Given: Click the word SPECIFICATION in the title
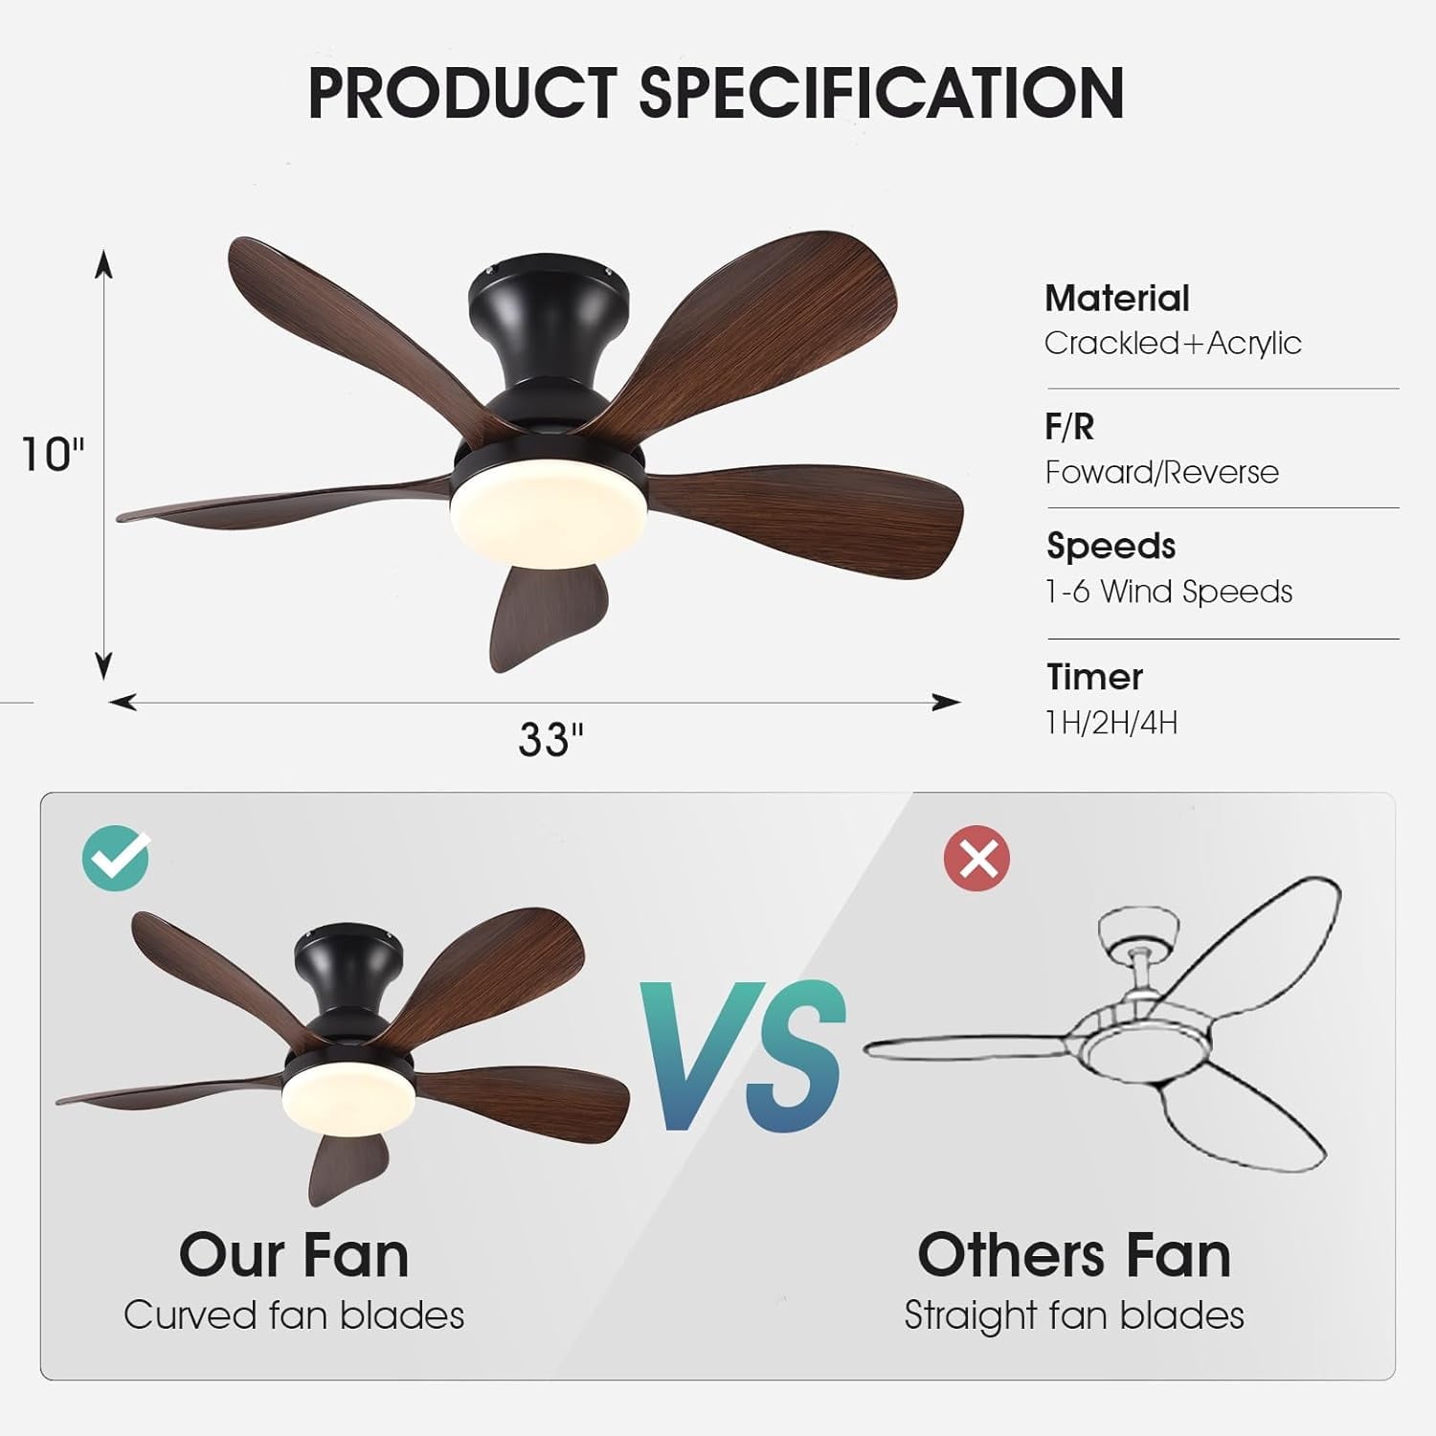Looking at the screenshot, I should pyautogui.click(x=881, y=93).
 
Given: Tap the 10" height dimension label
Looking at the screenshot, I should pyautogui.click(x=53, y=454).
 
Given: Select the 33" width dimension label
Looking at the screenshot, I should pyautogui.click(x=550, y=739).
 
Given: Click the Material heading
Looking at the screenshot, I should pyautogui.click(x=1116, y=299).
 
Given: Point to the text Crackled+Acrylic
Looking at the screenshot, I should pyautogui.click(x=1173, y=343).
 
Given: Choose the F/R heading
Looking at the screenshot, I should pyautogui.click(x=1069, y=427).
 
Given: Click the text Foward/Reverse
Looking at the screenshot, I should pyautogui.click(x=1161, y=472).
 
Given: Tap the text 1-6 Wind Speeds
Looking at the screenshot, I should pyautogui.click(x=1168, y=592).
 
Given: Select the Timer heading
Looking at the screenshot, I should pyautogui.click(x=1094, y=677).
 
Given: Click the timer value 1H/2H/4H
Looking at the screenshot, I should pyautogui.click(x=1111, y=722).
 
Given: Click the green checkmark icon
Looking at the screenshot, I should pyautogui.click(x=116, y=857).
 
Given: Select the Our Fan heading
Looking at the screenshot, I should pyautogui.click(x=294, y=1254).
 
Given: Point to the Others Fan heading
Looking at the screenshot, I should pyautogui.click(x=1074, y=1254).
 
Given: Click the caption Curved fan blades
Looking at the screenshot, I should pyautogui.click(x=294, y=1315).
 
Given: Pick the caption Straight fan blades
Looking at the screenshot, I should pyautogui.click(x=1074, y=1315).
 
